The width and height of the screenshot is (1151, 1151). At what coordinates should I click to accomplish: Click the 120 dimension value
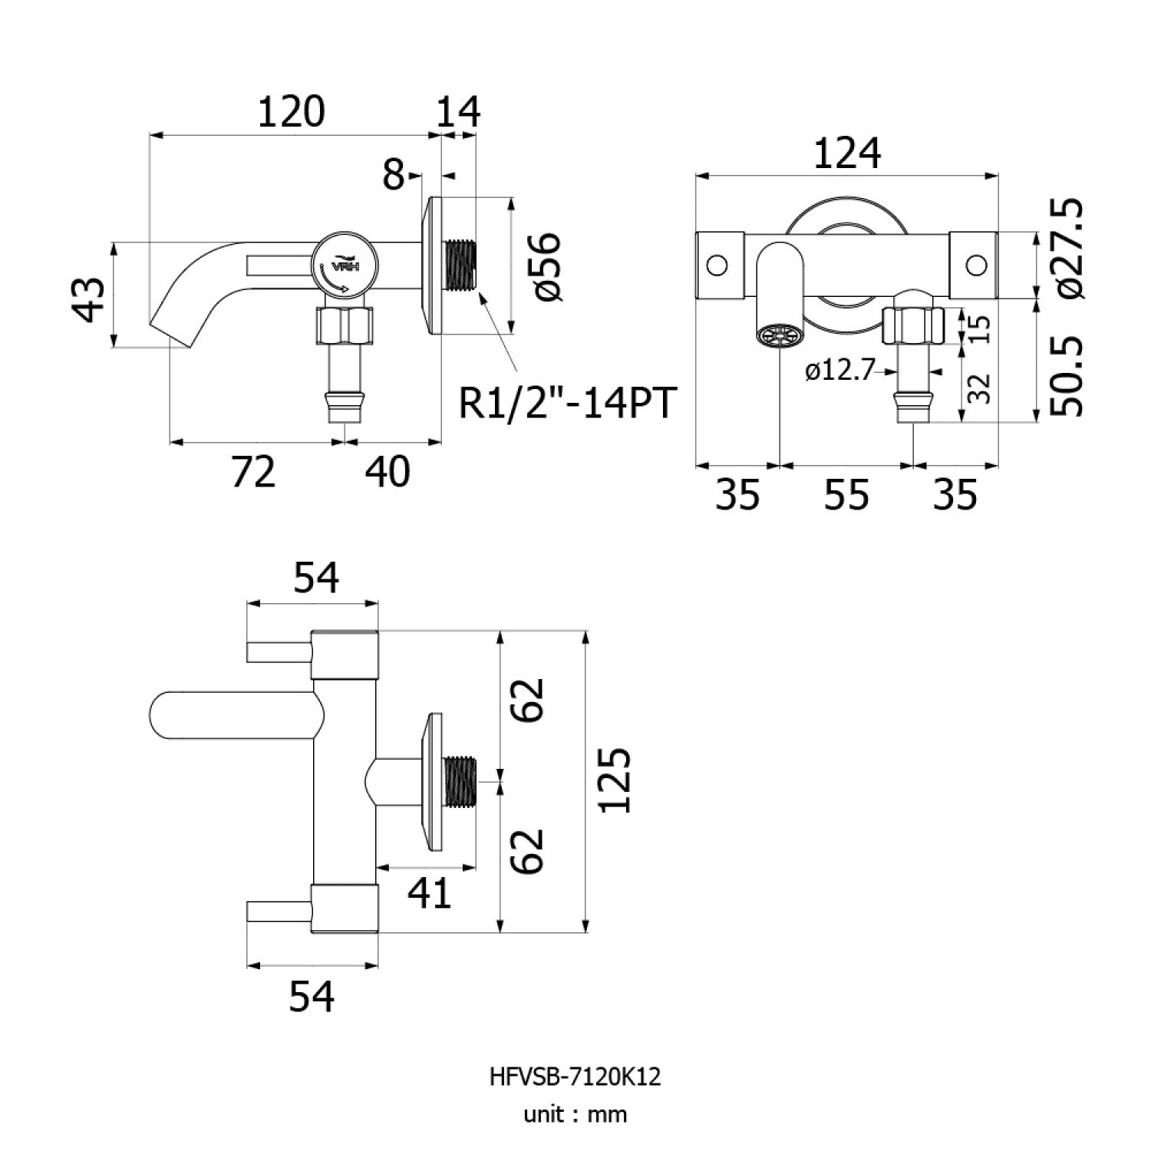click(x=291, y=112)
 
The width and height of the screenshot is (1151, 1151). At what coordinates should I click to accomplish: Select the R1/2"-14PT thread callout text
click(x=567, y=403)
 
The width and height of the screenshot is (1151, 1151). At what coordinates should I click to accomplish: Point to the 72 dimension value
click(x=253, y=471)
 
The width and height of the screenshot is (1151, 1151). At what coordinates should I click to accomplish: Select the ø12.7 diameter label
click(x=840, y=371)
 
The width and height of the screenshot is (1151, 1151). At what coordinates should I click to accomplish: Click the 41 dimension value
click(x=430, y=893)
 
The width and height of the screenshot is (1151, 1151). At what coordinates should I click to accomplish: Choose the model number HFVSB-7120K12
click(x=575, y=1077)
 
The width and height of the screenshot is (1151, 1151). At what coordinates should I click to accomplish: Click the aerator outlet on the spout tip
click(x=779, y=335)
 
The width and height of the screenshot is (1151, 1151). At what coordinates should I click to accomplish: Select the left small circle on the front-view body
click(x=717, y=265)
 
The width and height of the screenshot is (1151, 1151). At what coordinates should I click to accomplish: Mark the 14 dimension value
click(x=459, y=112)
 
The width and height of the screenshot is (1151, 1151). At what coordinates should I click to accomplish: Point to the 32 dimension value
click(x=981, y=388)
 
